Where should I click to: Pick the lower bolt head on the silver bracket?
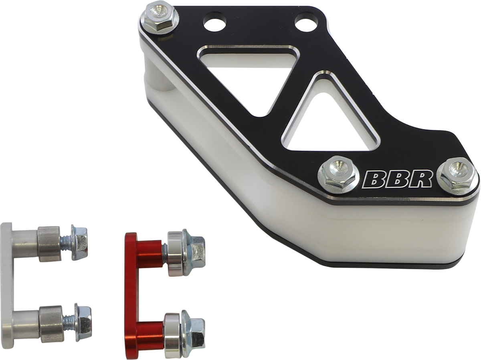[83, 322]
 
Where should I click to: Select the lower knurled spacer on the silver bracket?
[51, 324]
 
